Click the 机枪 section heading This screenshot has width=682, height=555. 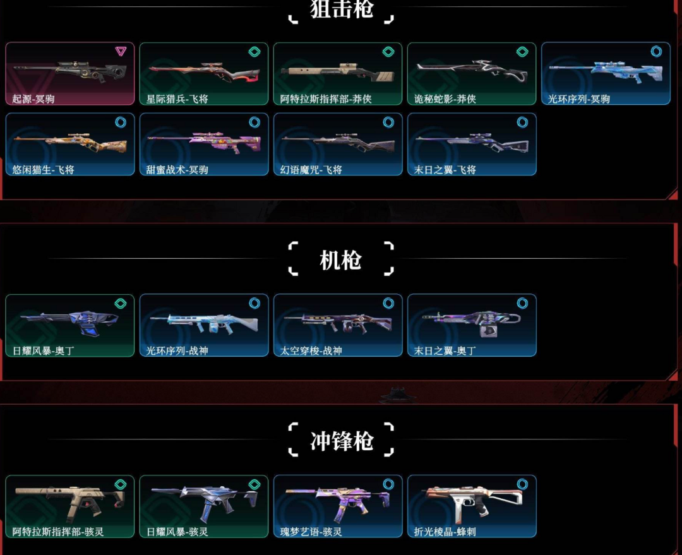[340, 260]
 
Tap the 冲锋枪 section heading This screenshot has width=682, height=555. [341, 441]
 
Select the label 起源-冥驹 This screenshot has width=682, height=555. [33, 99]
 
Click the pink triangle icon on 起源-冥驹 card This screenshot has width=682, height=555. [121, 52]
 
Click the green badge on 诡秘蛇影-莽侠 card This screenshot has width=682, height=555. [522, 52]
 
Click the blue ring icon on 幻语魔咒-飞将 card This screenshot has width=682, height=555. [388, 122]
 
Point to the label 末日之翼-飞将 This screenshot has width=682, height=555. [445, 170]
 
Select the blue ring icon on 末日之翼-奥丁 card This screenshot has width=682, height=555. [522, 304]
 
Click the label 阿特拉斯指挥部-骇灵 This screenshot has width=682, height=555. [58, 532]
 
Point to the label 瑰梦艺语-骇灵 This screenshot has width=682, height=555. [311, 532]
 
